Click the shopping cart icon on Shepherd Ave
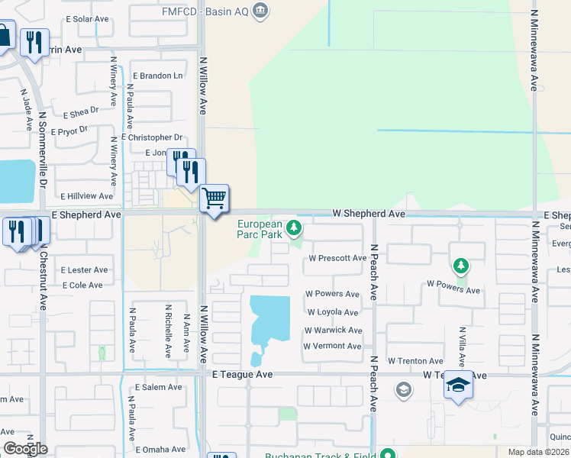pos(215,198)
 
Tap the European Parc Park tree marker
pos(293,227)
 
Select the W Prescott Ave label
pos(337,258)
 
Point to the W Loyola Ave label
pos(332,312)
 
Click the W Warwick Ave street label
pos(333,331)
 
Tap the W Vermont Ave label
pos(332,346)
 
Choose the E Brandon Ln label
pos(158,76)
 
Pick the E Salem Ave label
pos(159,387)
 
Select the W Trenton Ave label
pos(415,361)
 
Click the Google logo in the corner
pos(25,449)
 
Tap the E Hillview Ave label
pos(86,196)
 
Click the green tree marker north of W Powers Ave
pos(460,266)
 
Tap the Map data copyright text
pos(538,452)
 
